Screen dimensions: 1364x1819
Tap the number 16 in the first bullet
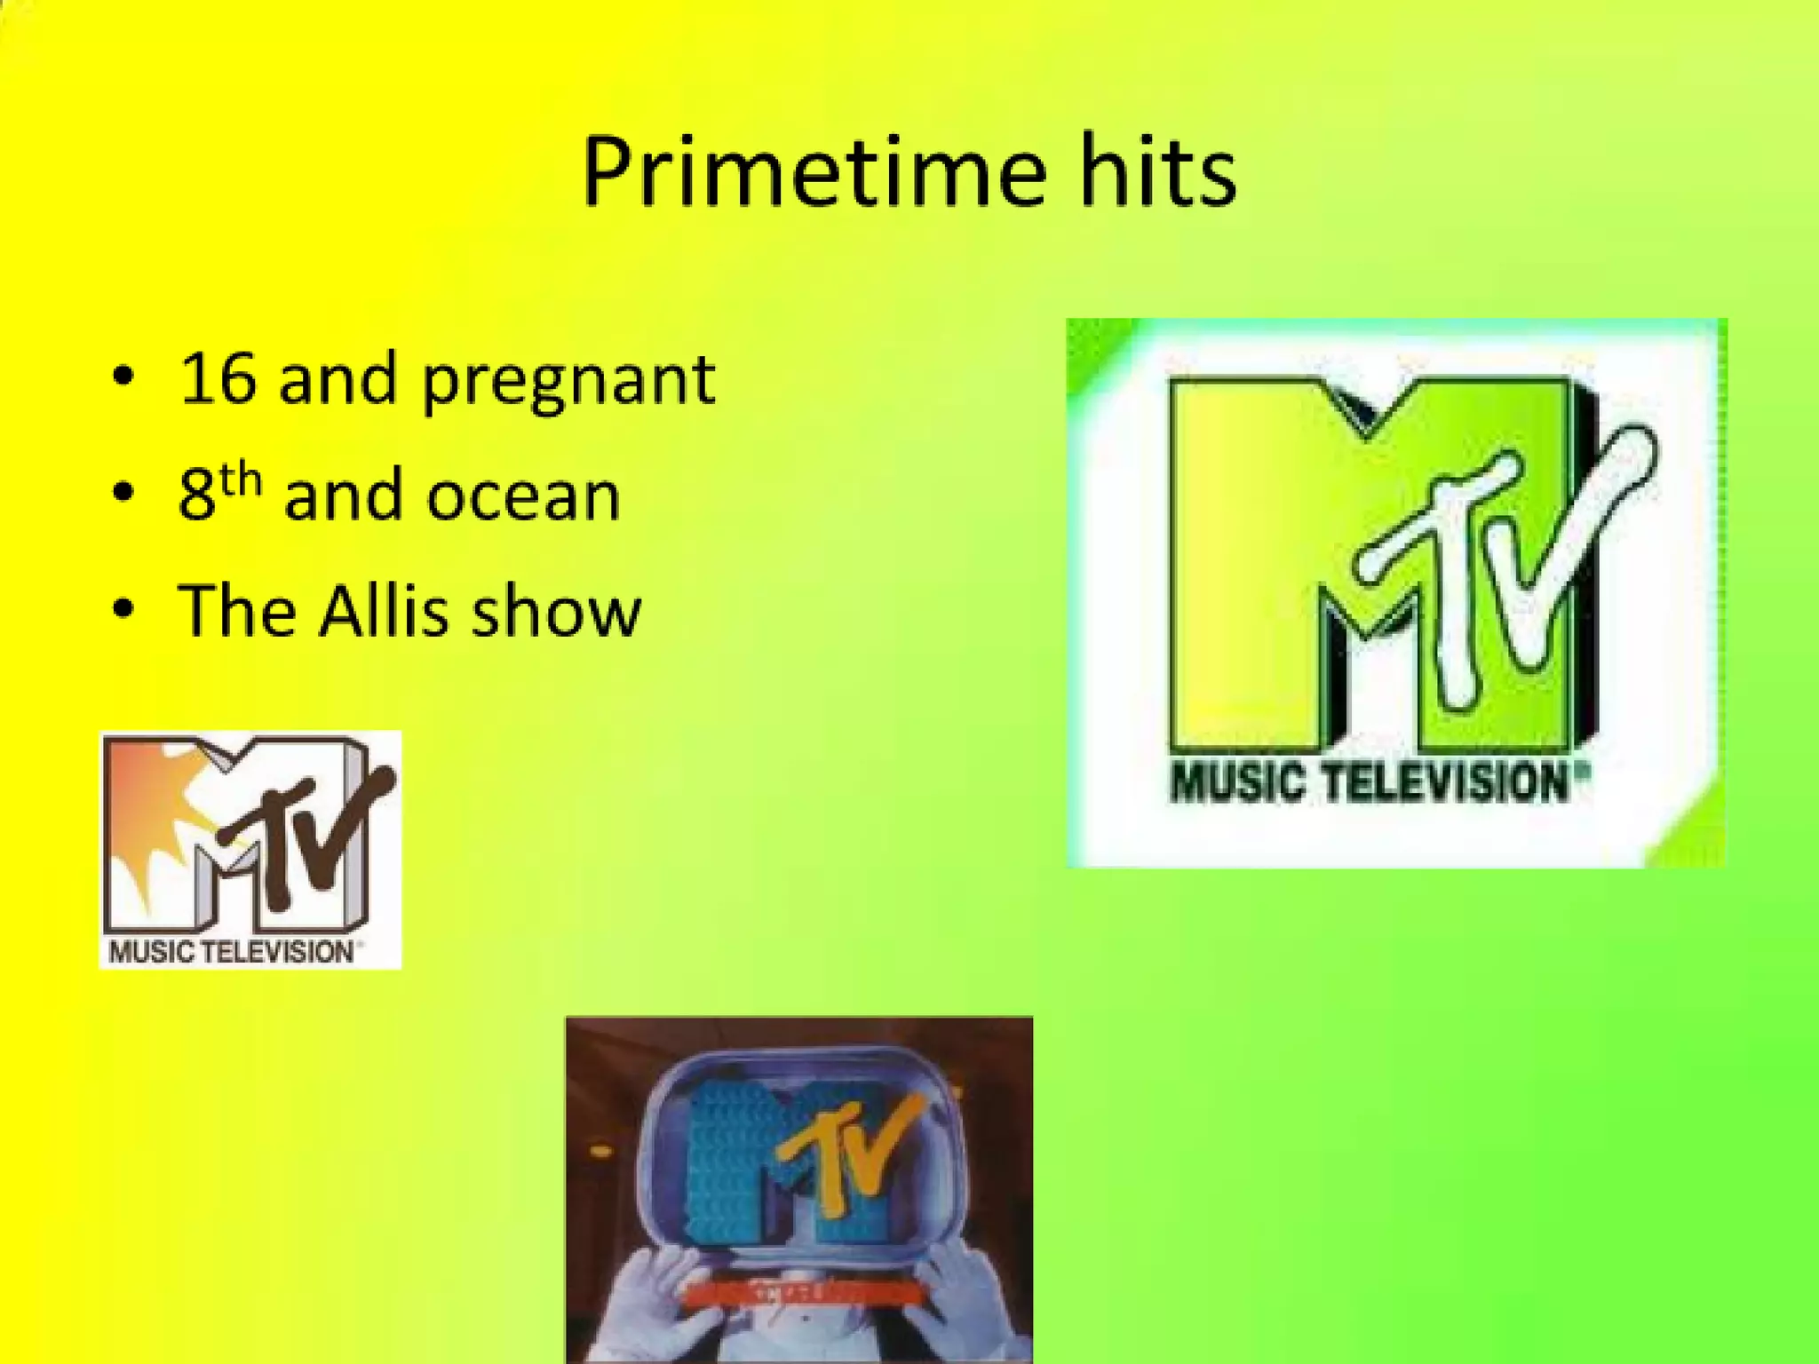217,379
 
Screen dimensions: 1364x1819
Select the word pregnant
568,383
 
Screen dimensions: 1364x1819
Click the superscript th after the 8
241,480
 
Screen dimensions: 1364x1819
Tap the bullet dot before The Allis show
124,609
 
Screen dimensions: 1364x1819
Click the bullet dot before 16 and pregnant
124,377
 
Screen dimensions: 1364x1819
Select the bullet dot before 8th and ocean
124,492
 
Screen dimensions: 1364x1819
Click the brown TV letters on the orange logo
302,844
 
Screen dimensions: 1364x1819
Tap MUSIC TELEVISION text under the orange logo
232,952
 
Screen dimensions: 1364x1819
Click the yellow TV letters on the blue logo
844,1154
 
